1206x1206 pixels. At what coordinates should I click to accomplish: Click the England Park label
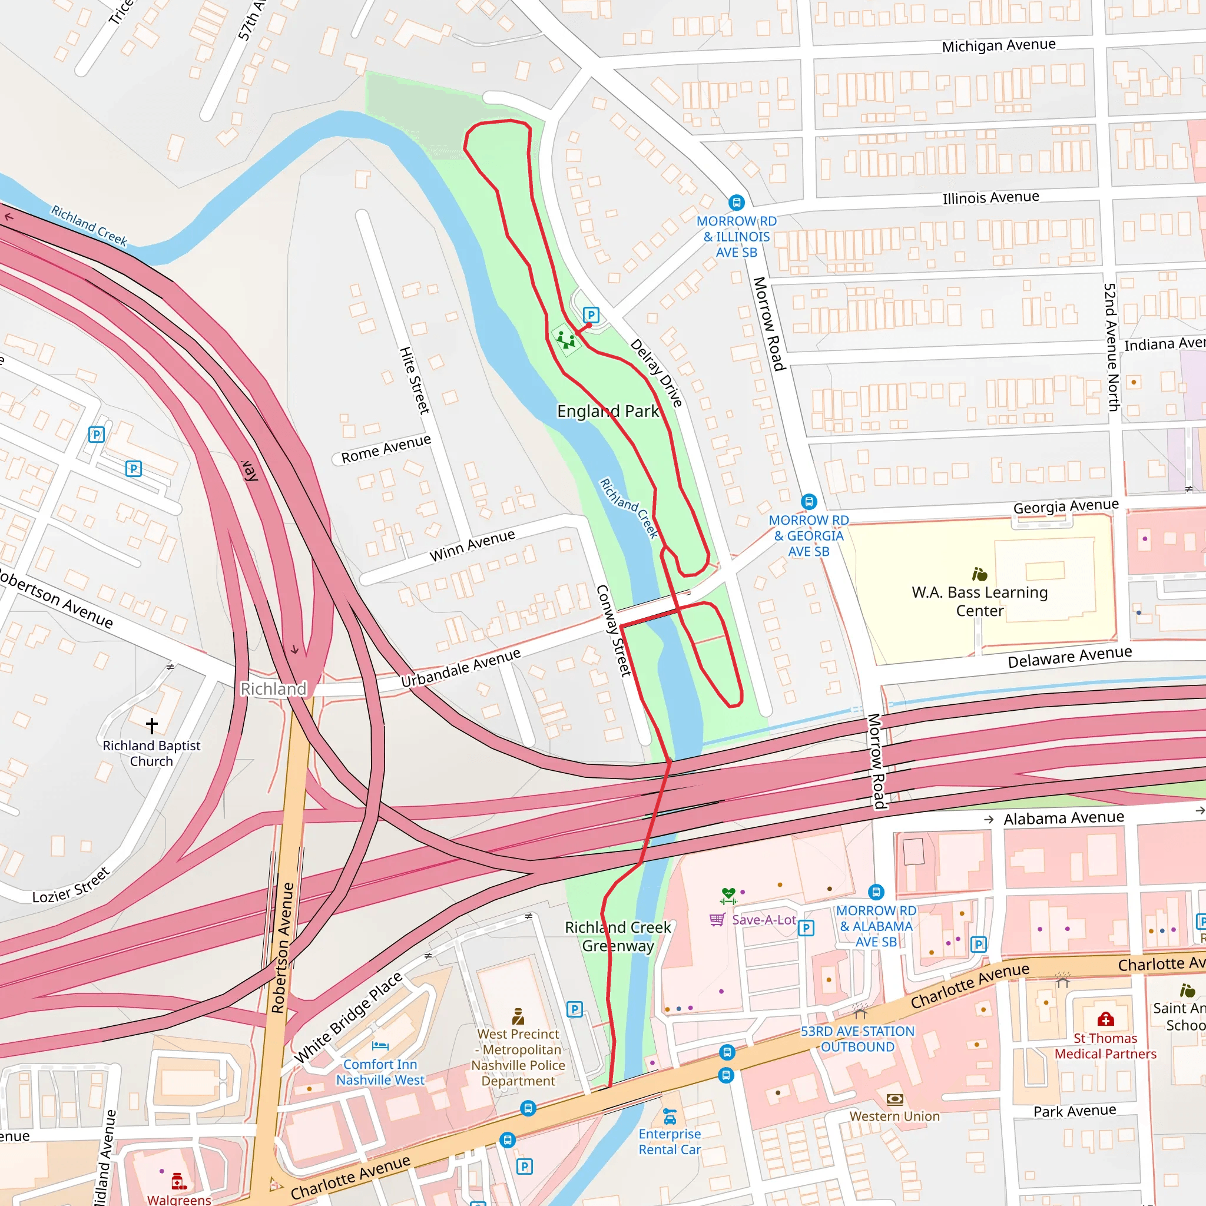[x=607, y=412]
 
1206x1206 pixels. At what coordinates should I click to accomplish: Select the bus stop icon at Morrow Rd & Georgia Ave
[x=809, y=501]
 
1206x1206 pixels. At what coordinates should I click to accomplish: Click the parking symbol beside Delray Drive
[x=591, y=314]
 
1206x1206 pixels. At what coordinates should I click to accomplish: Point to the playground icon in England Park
[x=566, y=340]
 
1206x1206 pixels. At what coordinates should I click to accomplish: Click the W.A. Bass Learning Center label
[x=979, y=601]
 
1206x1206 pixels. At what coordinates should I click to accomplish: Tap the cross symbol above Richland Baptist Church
[x=152, y=725]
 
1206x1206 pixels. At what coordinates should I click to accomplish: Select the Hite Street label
[x=415, y=380]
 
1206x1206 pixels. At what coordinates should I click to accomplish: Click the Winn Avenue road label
[x=472, y=545]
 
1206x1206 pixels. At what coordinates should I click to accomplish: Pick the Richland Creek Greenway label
[x=618, y=936]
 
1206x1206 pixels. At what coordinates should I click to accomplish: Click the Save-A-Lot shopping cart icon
[x=717, y=919]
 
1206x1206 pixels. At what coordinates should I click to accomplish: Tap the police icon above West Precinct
[x=518, y=1017]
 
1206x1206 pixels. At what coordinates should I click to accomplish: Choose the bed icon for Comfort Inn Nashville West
[x=380, y=1046]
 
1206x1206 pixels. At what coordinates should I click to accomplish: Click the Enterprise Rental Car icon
[x=670, y=1115]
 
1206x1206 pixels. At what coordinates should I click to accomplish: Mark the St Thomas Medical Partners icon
[x=1105, y=1019]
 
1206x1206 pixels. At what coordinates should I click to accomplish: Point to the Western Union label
[x=894, y=1116]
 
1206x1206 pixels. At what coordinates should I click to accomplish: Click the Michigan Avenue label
[x=999, y=45]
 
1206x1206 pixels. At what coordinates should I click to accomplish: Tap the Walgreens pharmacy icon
[x=178, y=1181]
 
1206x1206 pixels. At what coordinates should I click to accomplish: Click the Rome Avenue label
[x=386, y=449]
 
